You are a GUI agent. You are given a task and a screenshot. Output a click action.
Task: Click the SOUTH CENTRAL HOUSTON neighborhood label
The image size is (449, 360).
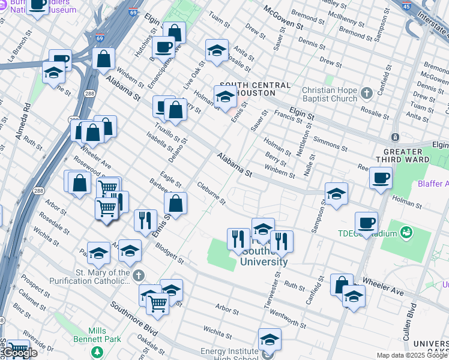pos(255,89)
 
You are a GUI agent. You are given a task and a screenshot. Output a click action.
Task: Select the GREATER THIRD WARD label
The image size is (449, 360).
pos(407,155)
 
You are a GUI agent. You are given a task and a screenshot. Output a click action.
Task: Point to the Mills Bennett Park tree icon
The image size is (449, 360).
pos(96,351)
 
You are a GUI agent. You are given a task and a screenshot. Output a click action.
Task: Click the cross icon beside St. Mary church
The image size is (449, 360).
pos(139,276)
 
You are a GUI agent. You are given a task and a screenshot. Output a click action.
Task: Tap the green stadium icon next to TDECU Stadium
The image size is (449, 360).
pos(406,232)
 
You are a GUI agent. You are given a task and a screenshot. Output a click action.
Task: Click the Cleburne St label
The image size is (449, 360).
pos(211,193)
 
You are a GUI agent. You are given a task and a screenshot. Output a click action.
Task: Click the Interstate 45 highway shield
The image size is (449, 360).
pos(407,6)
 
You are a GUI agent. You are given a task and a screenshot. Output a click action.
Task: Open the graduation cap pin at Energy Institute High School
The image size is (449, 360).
pos(270,340)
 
